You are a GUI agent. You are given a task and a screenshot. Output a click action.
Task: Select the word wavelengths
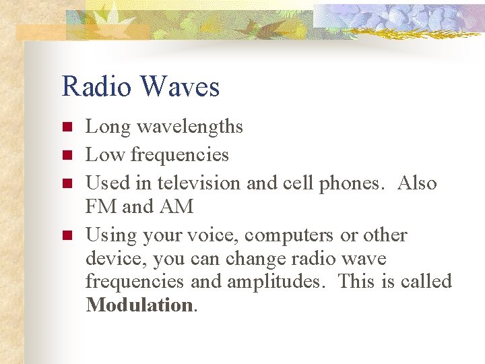(x=191, y=127)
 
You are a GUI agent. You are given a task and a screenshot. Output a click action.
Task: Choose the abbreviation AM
(x=176, y=207)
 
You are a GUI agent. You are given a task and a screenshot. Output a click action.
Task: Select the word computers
(x=288, y=235)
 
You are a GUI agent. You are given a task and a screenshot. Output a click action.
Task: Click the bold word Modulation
(x=139, y=305)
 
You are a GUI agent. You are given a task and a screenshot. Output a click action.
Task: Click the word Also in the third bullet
(x=417, y=183)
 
